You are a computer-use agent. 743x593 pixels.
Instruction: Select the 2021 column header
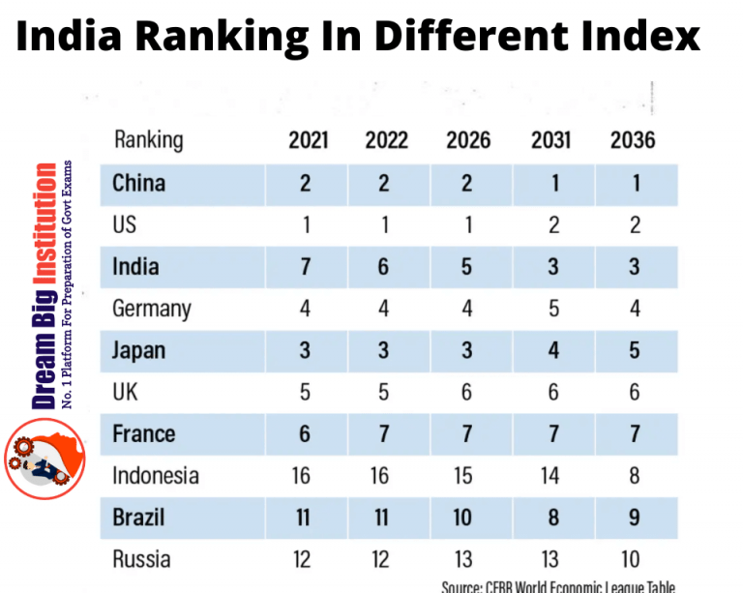[309, 140]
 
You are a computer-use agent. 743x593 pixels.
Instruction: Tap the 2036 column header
[633, 140]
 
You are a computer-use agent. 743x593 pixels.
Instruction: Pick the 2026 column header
[468, 140]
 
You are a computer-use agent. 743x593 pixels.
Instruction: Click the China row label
[138, 184]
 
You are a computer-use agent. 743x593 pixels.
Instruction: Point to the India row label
[135, 267]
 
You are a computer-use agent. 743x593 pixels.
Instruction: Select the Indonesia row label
[156, 475]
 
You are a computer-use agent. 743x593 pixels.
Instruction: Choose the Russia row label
[141, 558]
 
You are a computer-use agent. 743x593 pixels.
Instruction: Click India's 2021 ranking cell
[305, 267]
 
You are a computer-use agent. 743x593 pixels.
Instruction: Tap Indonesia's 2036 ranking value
[634, 475]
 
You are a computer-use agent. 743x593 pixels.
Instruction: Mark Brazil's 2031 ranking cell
[553, 517]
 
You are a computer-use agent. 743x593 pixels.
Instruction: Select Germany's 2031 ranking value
[553, 309]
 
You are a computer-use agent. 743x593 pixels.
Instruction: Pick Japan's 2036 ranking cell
[634, 350]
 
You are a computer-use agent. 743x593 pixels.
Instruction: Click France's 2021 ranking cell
[305, 433]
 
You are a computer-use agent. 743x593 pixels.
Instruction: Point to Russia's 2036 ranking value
[634, 558]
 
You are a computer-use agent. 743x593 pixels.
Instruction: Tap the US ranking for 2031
[553, 225]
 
